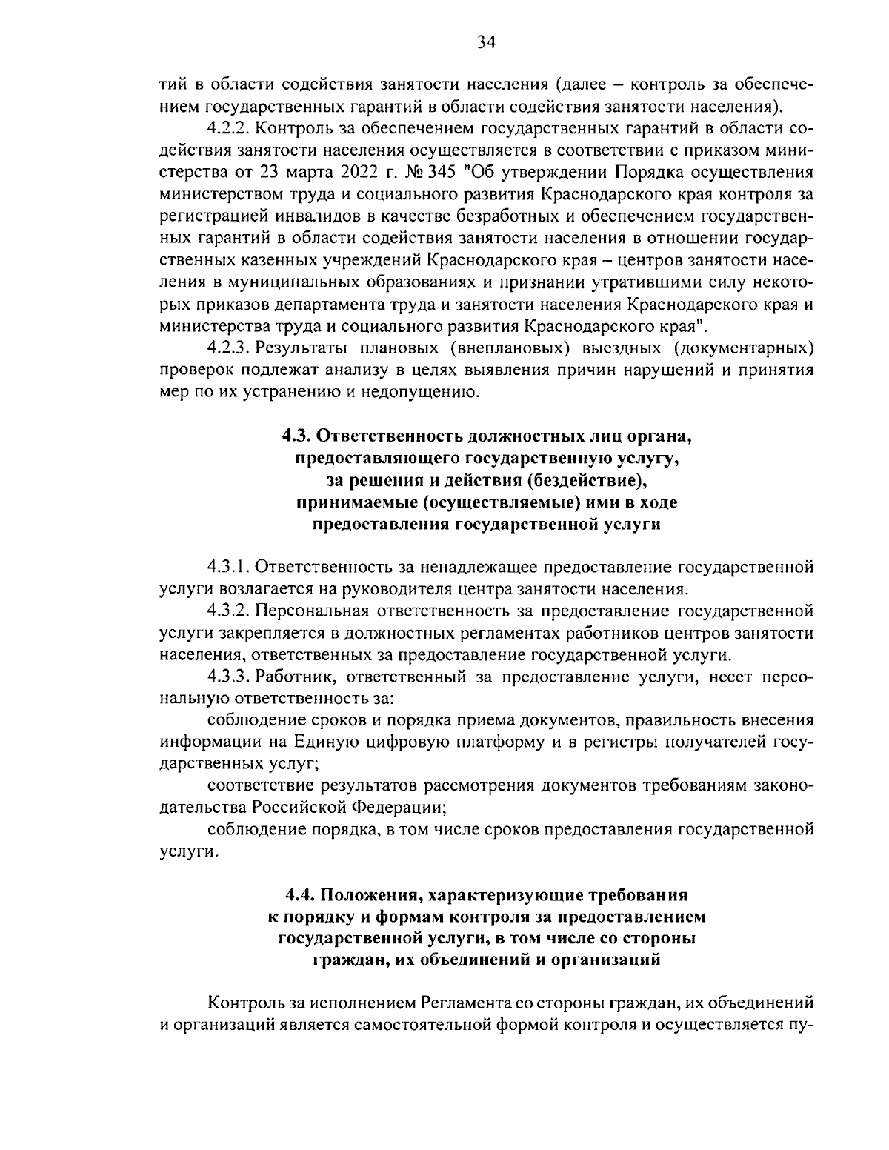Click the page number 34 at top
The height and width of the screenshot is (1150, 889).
(485, 42)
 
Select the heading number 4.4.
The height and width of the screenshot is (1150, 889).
(301, 894)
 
